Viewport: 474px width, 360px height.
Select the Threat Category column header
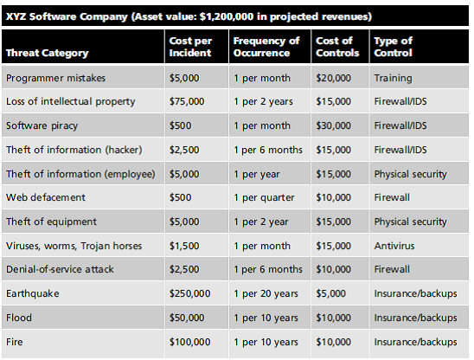pyautogui.click(x=47, y=53)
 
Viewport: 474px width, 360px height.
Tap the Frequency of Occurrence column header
pyautogui.click(x=266, y=47)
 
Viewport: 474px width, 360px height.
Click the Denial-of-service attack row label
pyautogui.click(x=59, y=269)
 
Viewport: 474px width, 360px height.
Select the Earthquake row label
pyautogui.click(x=33, y=293)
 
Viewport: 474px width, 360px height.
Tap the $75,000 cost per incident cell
pyautogui.click(x=188, y=102)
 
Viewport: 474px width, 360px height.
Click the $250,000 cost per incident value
pyautogui.click(x=190, y=293)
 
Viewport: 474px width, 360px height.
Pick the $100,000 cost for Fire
pyautogui.click(x=190, y=341)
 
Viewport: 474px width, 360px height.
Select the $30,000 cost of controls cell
pyautogui.click(x=333, y=125)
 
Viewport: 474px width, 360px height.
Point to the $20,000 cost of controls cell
pyautogui.click(x=333, y=78)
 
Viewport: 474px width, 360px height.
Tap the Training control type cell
pyautogui.click(x=393, y=78)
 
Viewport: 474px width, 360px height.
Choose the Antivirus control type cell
pyautogui.click(x=394, y=245)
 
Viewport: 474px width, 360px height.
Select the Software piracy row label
pyautogui.click(x=41, y=125)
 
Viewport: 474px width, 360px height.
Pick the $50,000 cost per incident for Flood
pyautogui.click(x=188, y=318)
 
